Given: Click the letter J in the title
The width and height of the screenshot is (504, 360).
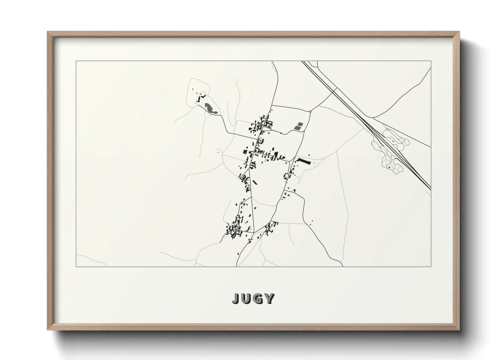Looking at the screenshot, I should pyautogui.click(x=236, y=298).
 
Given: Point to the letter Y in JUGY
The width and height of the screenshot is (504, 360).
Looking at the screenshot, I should pyautogui.click(x=269, y=298).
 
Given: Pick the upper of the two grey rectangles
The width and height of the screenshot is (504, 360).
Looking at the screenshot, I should pyautogui.click(x=299, y=124).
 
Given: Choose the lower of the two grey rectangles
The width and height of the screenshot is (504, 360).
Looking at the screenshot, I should pyautogui.click(x=297, y=128).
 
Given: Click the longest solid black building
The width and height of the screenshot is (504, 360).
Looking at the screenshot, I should pyautogui.click(x=304, y=162).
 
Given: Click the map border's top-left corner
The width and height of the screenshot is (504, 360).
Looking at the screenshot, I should pyautogui.click(x=76, y=61).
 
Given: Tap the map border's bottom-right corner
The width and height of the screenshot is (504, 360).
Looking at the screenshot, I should pyautogui.click(x=431, y=266).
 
